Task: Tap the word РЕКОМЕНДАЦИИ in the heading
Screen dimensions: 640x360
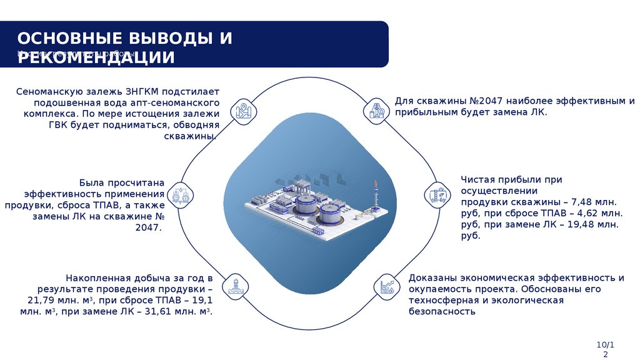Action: pyautogui.click(x=95, y=57)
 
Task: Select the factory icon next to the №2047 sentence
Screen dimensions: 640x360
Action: pyautogui.click(x=377, y=111)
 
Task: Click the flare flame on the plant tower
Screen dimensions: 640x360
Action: pyautogui.click(x=376, y=185)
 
